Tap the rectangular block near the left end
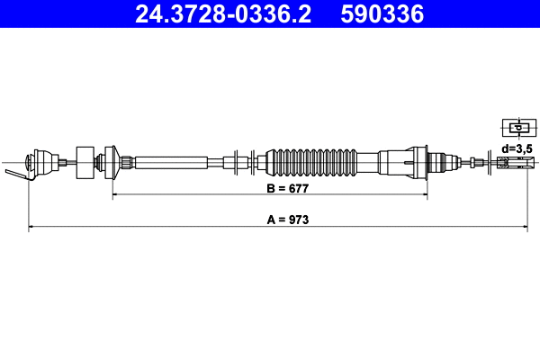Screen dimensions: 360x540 click(x=86, y=163)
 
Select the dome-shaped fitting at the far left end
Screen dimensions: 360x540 click(x=39, y=163)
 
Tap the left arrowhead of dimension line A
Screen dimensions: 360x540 click(x=32, y=227)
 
